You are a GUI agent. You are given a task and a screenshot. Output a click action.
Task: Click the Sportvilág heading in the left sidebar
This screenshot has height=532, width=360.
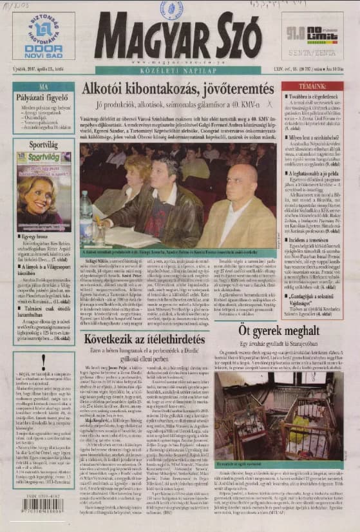point(43,146)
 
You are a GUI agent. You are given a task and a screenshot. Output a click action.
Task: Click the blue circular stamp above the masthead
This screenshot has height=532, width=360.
point(172,8)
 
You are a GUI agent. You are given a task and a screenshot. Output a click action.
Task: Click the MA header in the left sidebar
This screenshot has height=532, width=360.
point(43,86)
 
